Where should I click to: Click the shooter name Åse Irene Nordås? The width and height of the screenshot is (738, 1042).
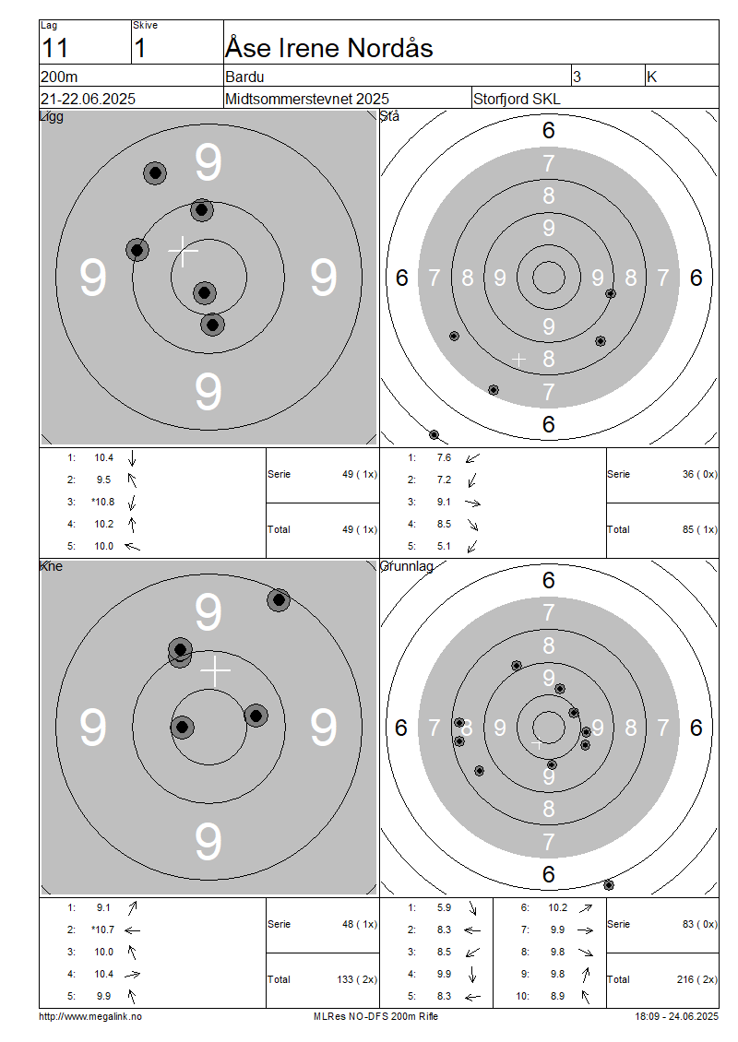pos(329,49)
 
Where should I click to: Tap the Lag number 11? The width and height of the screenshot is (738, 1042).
pos(54,49)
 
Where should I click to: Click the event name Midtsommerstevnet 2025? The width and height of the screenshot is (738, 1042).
pos(307,99)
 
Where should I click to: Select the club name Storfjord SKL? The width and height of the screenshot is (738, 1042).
pos(517,99)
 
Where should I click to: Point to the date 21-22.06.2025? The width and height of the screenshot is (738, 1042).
pos(88,99)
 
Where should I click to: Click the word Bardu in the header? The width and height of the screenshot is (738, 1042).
pos(244,77)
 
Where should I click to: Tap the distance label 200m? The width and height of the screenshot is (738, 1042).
pos(59,77)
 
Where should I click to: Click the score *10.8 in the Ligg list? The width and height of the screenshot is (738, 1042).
pos(103,502)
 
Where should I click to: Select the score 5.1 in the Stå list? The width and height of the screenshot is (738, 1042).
pos(444,546)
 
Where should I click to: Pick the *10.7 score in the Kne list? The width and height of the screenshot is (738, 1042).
pos(103,930)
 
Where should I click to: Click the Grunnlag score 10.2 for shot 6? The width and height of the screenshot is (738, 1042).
pos(558,907)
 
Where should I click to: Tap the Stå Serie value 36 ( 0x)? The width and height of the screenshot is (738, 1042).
pos(699,475)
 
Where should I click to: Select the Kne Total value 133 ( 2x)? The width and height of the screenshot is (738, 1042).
pos(357,979)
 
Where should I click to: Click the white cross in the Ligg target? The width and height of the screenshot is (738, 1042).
pos(183,251)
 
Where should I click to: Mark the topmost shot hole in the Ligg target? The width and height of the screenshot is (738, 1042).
pos(155,172)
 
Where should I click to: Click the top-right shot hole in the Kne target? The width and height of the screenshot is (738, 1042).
pos(279,600)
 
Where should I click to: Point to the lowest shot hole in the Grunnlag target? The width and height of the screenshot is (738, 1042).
pos(608,884)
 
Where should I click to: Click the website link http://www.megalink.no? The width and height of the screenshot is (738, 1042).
pos(90,1017)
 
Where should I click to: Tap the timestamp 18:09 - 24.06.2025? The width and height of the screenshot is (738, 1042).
pos(676,1017)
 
